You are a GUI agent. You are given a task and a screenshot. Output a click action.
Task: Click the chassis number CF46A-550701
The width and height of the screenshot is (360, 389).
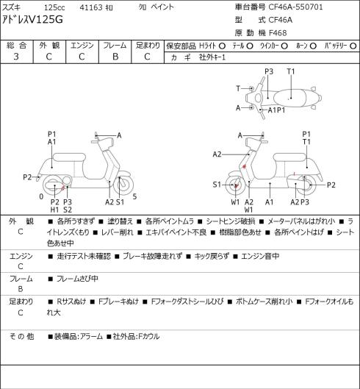(296, 7)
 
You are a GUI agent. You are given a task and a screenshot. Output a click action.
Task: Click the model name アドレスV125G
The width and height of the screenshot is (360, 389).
(32, 20)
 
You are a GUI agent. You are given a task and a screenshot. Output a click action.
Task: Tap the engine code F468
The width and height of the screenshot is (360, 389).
(278, 33)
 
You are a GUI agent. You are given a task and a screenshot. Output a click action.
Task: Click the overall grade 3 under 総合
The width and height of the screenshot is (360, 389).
(16, 57)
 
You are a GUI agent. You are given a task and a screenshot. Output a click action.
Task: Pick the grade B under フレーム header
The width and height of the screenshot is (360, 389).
(115, 57)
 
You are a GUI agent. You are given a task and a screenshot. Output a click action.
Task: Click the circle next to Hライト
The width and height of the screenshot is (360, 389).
(222, 46)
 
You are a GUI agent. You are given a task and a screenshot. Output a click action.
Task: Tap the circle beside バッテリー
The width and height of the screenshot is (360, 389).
(353, 46)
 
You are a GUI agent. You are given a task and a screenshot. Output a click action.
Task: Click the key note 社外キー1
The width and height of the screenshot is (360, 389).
(212, 57)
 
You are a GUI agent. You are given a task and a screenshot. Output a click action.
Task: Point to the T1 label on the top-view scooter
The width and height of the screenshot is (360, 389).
(291, 71)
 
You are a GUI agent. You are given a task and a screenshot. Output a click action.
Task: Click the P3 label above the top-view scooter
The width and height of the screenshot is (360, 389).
(269, 71)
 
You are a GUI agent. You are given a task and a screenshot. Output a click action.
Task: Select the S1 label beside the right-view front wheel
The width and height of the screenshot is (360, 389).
(217, 185)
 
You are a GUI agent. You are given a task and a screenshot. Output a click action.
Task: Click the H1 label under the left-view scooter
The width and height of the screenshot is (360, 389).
(54, 210)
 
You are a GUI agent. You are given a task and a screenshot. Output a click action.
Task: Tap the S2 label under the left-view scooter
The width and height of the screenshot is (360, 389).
(68, 210)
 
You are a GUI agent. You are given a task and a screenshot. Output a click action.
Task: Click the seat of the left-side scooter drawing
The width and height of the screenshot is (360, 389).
(69, 157)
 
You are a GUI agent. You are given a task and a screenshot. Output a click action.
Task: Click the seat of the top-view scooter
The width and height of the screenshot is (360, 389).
(289, 99)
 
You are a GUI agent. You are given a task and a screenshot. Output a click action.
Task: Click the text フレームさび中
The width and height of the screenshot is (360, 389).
(77, 279)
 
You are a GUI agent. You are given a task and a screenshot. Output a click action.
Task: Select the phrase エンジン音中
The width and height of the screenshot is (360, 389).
(260, 256)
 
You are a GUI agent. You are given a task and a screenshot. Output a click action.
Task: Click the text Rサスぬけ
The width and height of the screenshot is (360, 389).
(71, 301)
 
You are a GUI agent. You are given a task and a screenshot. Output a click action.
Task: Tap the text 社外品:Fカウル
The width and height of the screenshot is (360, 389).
(136, 337)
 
